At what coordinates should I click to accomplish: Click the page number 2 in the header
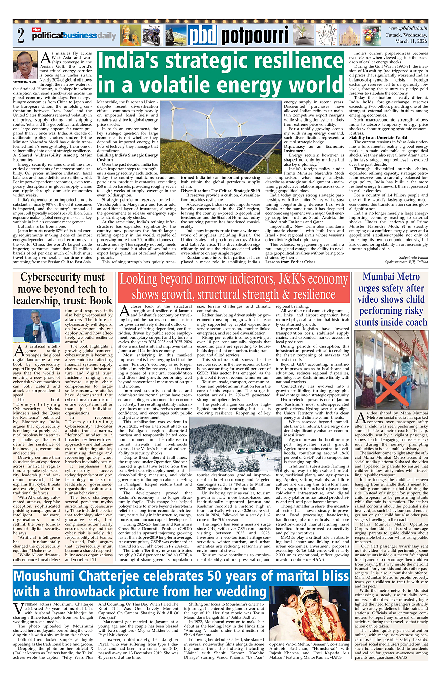point(20,36)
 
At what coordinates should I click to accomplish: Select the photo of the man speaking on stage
point(39,326)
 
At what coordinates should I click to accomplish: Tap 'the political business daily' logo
point(73,36)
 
